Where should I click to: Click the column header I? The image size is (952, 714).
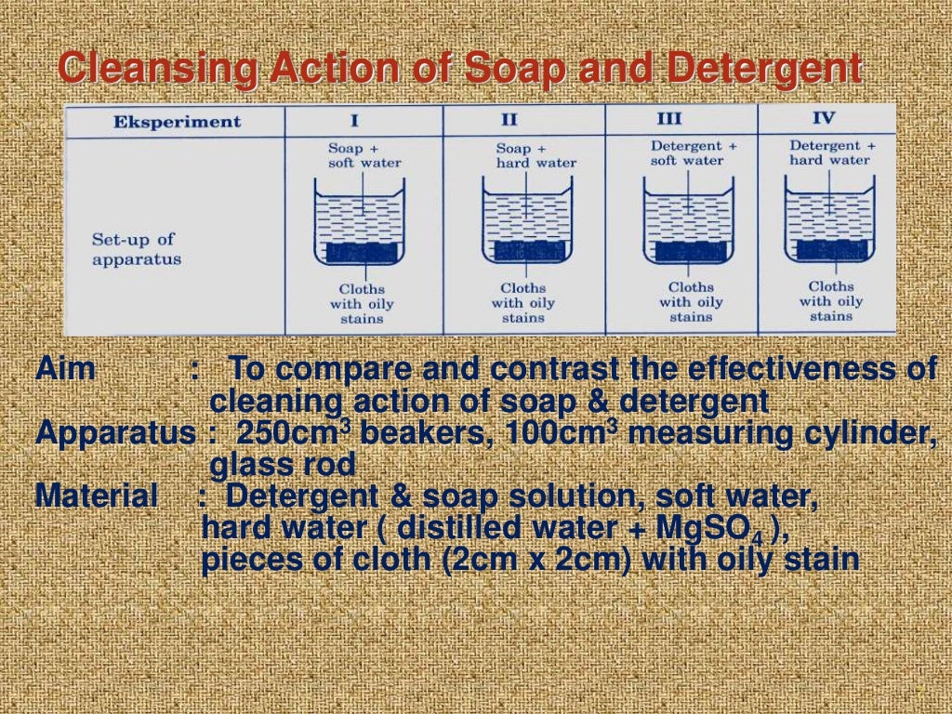coord(355,121)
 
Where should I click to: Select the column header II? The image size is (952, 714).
coord(509,121)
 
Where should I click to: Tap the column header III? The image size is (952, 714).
coord(668,119)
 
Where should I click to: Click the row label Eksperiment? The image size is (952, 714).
coord(177,122)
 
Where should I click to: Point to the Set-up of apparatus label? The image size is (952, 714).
coord(136,249)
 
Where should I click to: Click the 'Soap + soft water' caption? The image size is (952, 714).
coord(364,155)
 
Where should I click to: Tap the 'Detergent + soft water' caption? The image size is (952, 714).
coord(694,153)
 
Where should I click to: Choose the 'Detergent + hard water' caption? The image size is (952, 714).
coord(832,152)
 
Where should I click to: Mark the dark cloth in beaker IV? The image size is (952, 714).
coord(833,248)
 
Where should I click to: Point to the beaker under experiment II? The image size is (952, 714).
coord(525,224)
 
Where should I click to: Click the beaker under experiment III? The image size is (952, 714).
coord(689,224)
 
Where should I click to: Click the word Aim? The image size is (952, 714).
coord(65,369)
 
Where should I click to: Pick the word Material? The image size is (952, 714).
coord(97,496)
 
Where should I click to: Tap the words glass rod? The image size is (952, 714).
coord(283,464)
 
